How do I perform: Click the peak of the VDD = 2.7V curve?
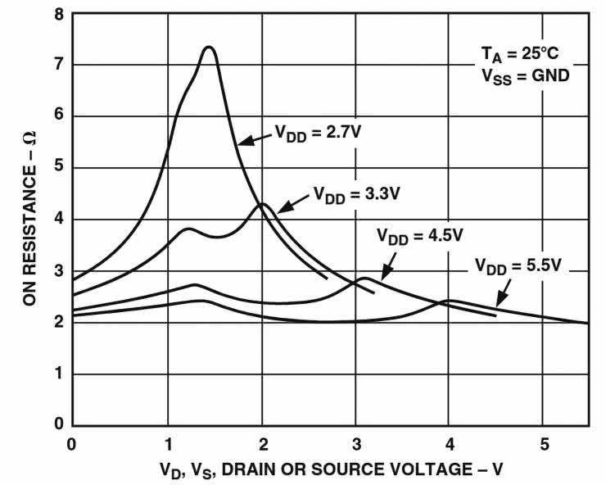pyautogui.click(x=210, y=48)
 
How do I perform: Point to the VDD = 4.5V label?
pyautogui.click(x=420, y=236)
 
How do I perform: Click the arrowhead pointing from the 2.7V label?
pyautogui.click(x=242, y=143)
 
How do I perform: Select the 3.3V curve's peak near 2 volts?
pyautogui.click(x=262, y=204)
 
